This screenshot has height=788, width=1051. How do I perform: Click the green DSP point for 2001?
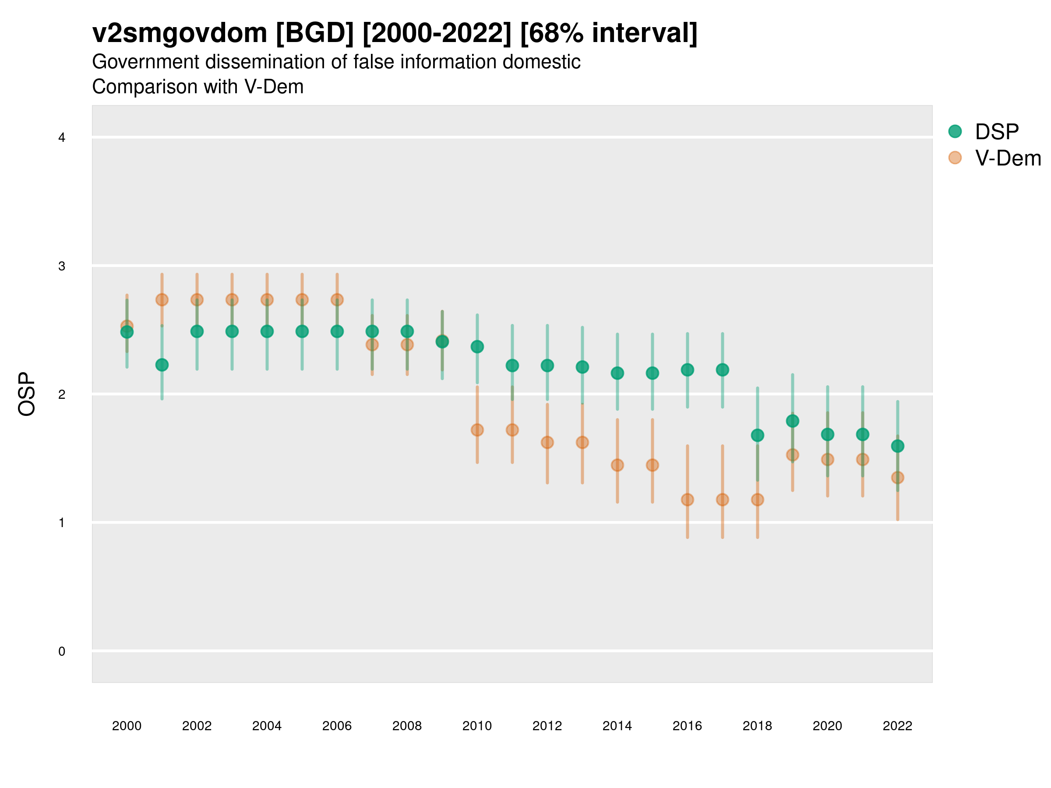click(x=162, y=365)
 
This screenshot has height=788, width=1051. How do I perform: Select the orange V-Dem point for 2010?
click(x=477, y=430)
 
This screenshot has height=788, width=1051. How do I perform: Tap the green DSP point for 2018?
click(x=757, y=435)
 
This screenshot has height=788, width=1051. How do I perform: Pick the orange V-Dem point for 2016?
click(x=688, y=500)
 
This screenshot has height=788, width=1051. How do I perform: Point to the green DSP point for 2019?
click(x=793, y=421)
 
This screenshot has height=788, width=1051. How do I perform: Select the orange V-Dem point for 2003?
click(x=232, y=300)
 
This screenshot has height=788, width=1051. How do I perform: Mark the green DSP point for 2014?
click(x=617, y=373)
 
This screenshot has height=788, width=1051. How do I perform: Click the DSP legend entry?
click(x=997, y=132)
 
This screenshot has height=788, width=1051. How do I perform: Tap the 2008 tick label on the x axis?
click(x=407, y=726)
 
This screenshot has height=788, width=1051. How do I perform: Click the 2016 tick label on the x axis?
click(x=688, y=726)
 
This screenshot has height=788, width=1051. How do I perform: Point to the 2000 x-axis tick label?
click(x=127, y=726)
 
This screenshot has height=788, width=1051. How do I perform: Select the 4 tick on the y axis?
click(x=62, y=138)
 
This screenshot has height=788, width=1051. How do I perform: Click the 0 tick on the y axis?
click(x=62, y=651)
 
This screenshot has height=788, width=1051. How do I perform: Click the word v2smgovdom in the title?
click(x=180, y=33)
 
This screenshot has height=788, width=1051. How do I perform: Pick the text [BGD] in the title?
click(x=314, y=33)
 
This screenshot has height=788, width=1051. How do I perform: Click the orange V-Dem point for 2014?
click(x=617, y=465)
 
